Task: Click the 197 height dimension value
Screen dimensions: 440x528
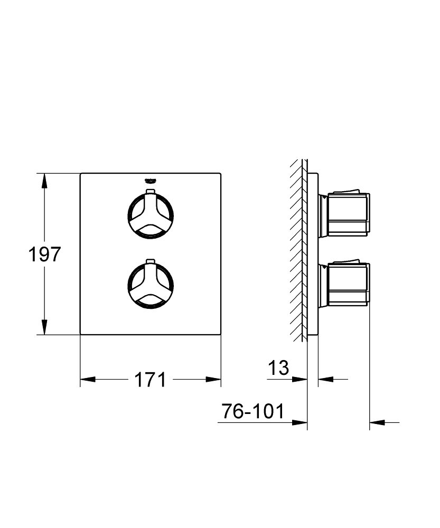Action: coord(44,254)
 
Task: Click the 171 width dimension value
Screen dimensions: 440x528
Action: coord(150,380)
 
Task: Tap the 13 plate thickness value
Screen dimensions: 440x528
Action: coord(278,367)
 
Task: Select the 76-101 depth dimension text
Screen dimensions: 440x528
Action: coord(252,411)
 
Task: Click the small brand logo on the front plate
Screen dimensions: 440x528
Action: coord(150,181)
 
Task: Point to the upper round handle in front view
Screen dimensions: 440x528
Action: coord(151,214)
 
